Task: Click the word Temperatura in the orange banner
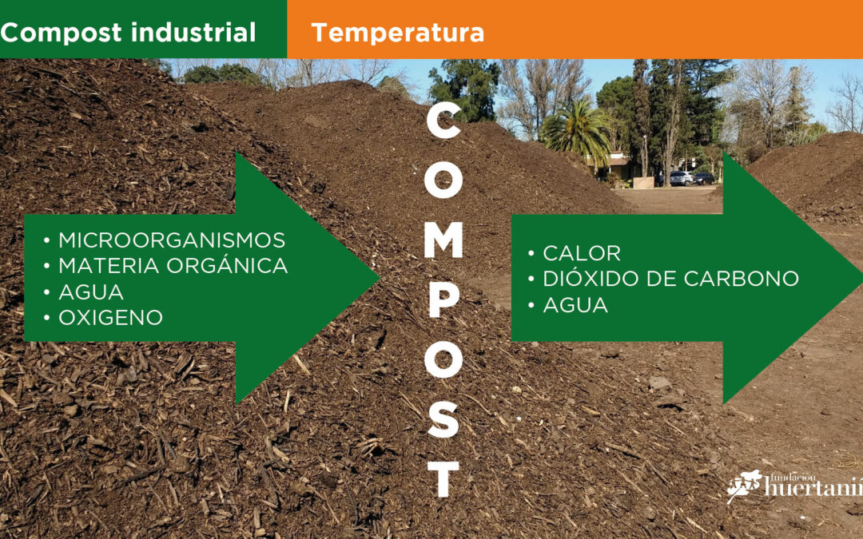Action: point(397,33)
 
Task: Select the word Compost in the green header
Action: point(61,33)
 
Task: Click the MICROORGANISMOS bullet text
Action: point(172,240)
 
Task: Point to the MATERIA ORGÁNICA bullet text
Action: point(173,265)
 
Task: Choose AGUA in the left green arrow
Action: point(91,292)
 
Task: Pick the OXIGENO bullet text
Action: point(110,317)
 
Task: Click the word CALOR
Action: point(582,254)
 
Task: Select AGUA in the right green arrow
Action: point(575,305)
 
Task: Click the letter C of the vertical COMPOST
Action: point(443,121)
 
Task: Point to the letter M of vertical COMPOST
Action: point(443,240)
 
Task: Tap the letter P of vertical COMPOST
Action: point(443,300)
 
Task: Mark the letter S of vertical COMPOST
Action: point(443,419)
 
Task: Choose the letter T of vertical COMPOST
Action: point(443,479)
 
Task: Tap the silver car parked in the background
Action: point(680,178)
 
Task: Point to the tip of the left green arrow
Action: point(379,279)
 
